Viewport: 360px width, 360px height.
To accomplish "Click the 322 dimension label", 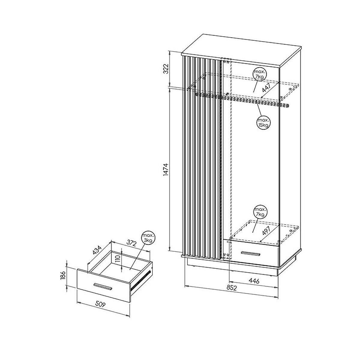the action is pyautogui.click(x=166, y=69).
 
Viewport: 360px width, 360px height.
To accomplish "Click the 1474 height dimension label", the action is pyautogui.click(x=166, y=169).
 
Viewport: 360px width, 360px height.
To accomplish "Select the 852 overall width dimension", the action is pyautogui.click(x=232, y=288).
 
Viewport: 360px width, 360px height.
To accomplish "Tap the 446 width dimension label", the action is pyautogui.click(x=254, y=280).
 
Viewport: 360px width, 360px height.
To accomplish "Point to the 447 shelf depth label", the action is pyautogui.click(x=266, y=88).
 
